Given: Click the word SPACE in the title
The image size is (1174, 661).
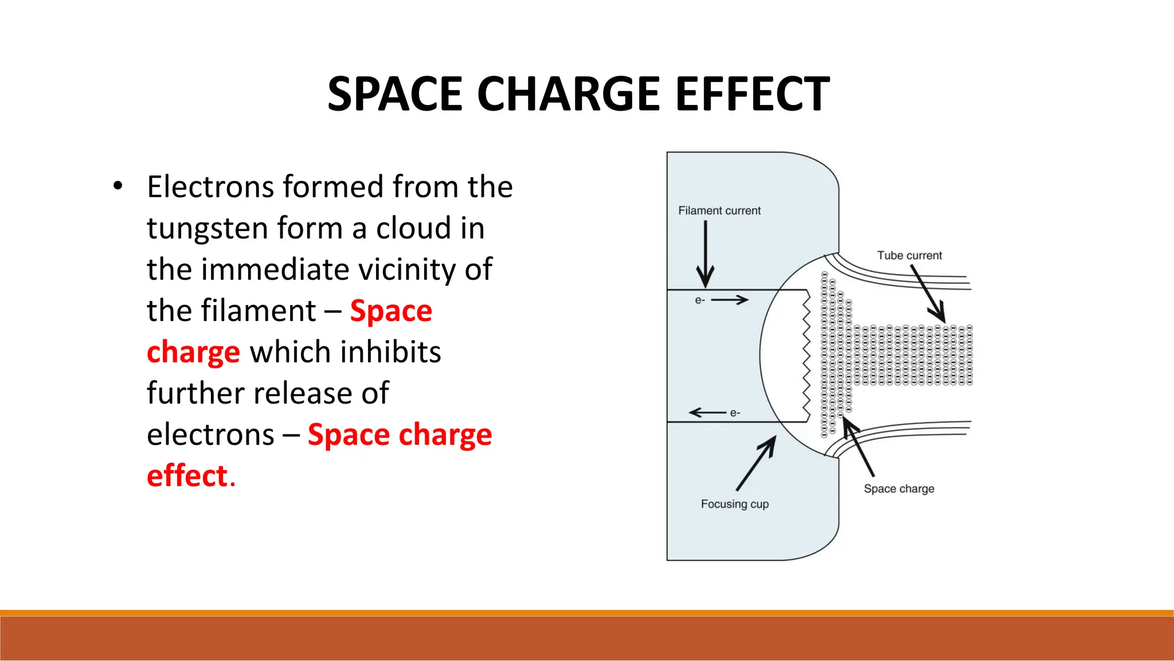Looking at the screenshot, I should [x=394, y=94].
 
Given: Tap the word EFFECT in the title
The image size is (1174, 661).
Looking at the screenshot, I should [x=752, y=94].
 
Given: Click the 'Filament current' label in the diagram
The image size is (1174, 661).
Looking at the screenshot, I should [x=719, y=210].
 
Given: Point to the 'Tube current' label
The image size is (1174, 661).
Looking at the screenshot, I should [x=909, y=255].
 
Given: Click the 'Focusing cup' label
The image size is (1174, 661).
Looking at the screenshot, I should [x=734, y=504].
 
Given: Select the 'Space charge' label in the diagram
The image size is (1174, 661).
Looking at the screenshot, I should [x=899, y=488].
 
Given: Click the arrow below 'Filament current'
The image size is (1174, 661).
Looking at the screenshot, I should [x=705, y=255].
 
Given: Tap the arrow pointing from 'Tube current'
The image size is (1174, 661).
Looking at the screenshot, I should [x=928, y=294].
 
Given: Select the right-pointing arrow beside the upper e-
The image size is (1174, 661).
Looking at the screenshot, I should [x=730, y=300].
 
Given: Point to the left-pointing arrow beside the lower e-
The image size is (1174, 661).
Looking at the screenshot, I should [x=707, y=412].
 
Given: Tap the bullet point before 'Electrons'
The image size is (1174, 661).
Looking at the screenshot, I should [x=118, y=186].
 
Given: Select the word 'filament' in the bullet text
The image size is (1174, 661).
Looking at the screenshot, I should [x=259, y=311].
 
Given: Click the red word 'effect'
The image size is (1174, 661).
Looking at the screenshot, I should [x=187, y=476].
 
